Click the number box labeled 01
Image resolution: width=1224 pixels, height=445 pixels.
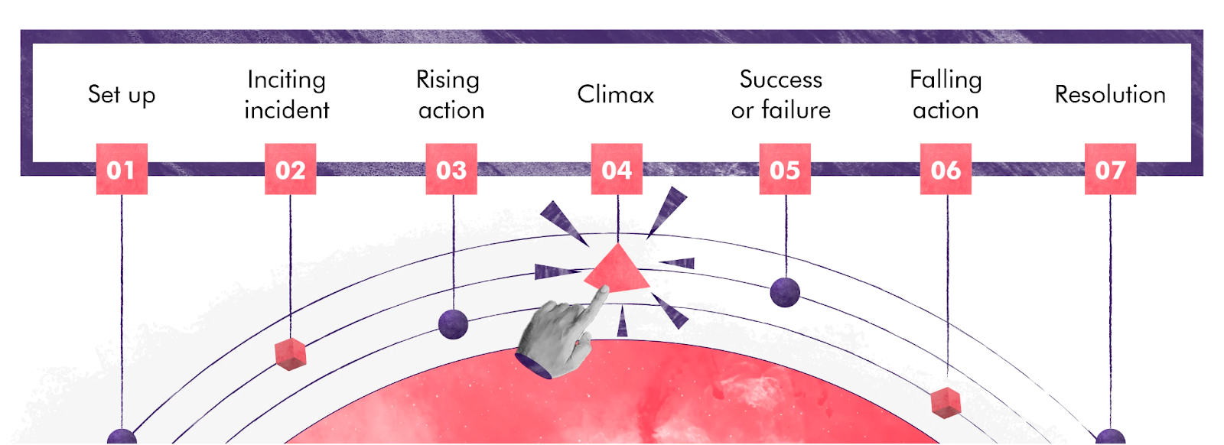coord(121,169)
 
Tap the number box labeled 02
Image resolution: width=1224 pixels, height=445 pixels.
coord(290,169)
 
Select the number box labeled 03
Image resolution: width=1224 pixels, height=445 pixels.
coord(451,169)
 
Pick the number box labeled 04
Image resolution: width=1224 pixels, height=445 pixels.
coord(617,169)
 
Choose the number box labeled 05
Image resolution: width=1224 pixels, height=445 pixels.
coord(785,169)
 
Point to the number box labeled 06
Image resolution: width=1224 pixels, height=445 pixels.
coord(946,169)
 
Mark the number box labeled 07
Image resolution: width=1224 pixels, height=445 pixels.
coord(1110,169)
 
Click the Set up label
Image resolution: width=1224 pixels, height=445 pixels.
coord(122,95)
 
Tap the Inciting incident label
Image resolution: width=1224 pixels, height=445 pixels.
coord(287,95)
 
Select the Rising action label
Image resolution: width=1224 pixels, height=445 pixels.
coord(451,95)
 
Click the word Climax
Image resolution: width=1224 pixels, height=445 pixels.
coord(616,95)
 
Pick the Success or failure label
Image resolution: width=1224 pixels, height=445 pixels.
coord(781,95)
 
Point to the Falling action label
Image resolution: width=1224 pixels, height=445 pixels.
coord(946,95)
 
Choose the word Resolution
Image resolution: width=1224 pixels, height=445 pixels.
coord(1110,95)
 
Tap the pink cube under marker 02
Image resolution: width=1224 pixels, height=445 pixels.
coord(291,354)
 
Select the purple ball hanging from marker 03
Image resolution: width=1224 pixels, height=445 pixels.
coord(453,324)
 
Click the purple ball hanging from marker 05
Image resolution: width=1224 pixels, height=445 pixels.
coord(785,292)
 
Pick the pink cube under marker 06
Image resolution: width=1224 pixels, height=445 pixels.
coord(946,402)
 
